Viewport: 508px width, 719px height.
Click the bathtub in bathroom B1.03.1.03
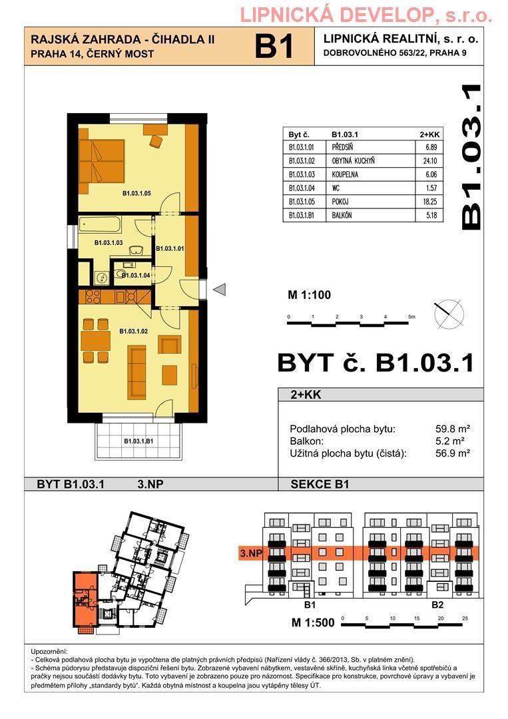100,225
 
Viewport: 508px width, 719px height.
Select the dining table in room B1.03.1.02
95,341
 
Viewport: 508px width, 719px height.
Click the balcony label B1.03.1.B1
138,441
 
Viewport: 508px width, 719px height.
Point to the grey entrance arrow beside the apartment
220,290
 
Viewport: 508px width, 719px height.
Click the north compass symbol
449,314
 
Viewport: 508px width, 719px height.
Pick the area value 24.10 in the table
431,161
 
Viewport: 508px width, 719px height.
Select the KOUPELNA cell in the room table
346,174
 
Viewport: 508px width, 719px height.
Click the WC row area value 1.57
431,188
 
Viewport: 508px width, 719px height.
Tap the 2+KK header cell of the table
429,134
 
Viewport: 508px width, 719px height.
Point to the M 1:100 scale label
309,295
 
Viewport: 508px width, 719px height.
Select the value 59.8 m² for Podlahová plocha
453,429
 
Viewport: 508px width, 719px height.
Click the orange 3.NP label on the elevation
251,553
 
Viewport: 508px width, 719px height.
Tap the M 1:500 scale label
313,622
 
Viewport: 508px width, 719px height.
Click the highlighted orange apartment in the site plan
85,600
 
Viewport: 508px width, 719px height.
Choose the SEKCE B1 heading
320,484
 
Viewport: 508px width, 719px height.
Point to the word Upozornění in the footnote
49,652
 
